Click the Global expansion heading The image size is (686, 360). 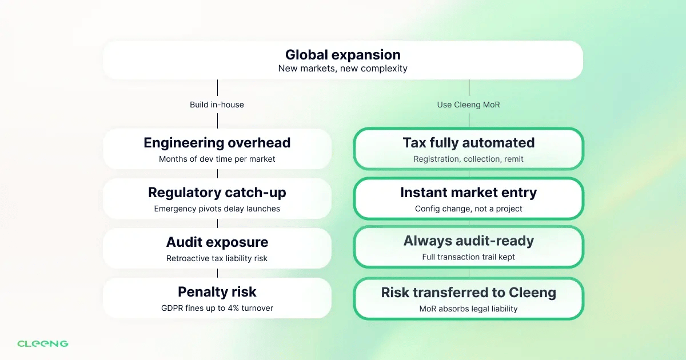(x=342, y=55)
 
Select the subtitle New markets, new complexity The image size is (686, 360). (x=342, y=69)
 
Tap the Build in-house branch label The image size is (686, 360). (x=217, y=105)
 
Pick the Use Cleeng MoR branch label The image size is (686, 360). (x=469, y=105)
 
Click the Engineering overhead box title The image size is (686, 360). (x=217, y=143)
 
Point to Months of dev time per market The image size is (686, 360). (x=217, y=159)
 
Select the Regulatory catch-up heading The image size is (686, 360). (x=217, y=193)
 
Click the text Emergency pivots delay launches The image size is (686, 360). (x=217, y=209)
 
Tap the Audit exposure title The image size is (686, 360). (x=217, y=242)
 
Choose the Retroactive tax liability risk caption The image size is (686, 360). (x=217, y=258)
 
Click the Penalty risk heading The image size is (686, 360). (x=217, y=292)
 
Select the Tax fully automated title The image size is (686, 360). (x=468, y=143)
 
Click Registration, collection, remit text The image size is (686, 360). (x=468, y=159)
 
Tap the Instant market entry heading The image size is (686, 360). (x=468, y=193)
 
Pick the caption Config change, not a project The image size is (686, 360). (x=468, y=209)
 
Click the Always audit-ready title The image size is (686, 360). (x=468, y=241)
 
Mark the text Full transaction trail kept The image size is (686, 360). (x=468, y=257)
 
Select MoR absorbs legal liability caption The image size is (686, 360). (x=468, y=309)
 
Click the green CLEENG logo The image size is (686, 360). (x=43, y=343)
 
